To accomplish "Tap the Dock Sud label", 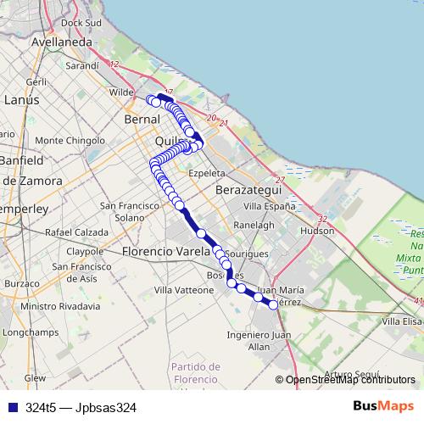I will [x=81, y=22].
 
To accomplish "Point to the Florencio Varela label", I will [x=165, y=252].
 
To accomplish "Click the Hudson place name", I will [x=317, y=230].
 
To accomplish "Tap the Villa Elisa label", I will [x=401, y=321].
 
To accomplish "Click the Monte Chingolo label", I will [x=70, y=140].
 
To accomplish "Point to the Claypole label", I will [x=85, y=251].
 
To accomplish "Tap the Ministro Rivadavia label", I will [x=62, y=306].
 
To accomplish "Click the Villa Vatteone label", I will [x=184, y=289].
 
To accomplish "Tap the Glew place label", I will [x=35, y=378].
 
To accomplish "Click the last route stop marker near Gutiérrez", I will [x=274, y=305].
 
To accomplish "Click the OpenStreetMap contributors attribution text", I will [x=350, y=380].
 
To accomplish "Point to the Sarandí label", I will [x=82, y=64].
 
